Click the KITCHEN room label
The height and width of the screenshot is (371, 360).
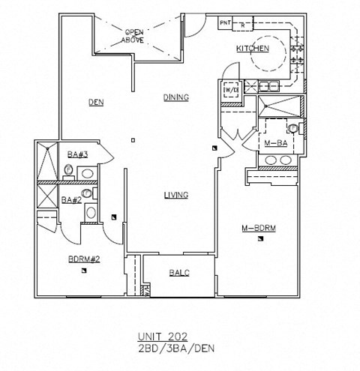click(252, 49)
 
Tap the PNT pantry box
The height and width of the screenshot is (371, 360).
click(224, 24)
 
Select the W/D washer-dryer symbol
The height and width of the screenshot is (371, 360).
click(231, 90)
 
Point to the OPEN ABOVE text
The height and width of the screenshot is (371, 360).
click(134, 35)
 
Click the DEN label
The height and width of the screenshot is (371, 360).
click(95, 103)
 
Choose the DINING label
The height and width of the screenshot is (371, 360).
click(175, 97)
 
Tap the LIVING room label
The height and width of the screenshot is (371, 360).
click(175, 196)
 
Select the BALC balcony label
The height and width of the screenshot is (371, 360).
click(178, 273)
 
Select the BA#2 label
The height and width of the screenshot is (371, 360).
click(71, 199)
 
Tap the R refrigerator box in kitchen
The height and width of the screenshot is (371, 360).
click(244, 24)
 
